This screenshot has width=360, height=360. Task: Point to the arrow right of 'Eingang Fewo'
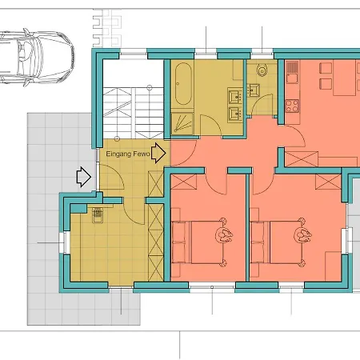tap(158, 151)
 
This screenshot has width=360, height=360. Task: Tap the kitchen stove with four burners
tap(290, 104)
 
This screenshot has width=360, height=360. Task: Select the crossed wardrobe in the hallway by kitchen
tap(300, 158)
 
